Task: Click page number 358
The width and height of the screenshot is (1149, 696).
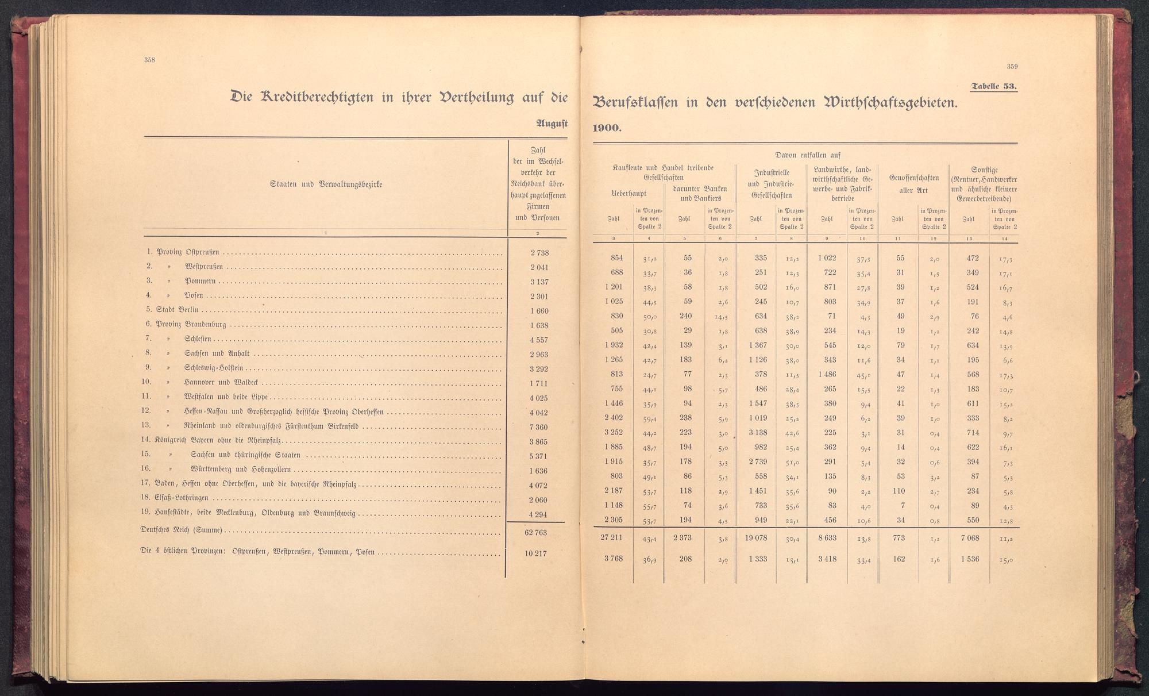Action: pyautogui.click(x=151, y=60)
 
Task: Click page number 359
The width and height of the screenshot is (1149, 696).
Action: pyautogui.click(x=1012, y=67)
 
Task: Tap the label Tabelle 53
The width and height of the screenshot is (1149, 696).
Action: pyautogui.click(x=994, y=87)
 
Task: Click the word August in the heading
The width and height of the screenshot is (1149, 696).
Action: pyautogui.click(x=552, y=122)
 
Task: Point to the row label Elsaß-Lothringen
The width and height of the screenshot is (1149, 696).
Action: pyautogui.click(x=182, y=498)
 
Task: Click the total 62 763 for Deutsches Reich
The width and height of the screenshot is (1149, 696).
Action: pyautogui.click(x=535, y=532)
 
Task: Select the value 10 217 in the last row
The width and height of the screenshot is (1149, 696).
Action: pyautogui.click(x=535, y=553)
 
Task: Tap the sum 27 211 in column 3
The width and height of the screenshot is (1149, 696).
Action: pyautogui.click(x=611, y=539)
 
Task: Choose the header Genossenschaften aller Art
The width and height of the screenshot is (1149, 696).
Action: pyautogui.click(x=913, y=184)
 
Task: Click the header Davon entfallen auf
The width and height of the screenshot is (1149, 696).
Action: pyautogui.click(x=808, y=155)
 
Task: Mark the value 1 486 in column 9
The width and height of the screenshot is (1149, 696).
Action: pyautogui.click(x=827, y=374)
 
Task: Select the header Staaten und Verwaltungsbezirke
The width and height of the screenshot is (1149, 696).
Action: pyautogui.click(x=326, y=184)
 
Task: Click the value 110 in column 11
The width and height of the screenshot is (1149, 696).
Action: pyautogui.click(x=897, y=491)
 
